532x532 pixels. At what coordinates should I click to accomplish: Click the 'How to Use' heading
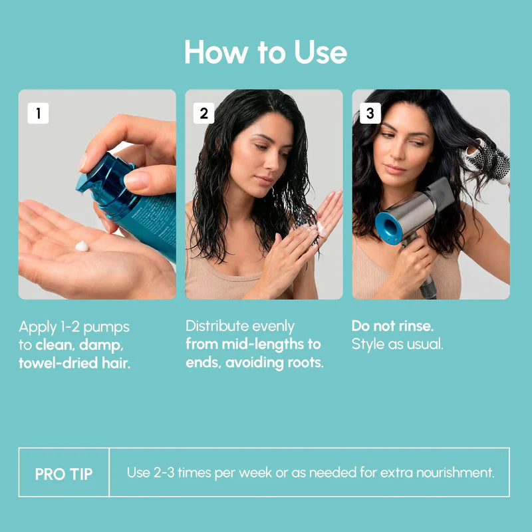point(265,52)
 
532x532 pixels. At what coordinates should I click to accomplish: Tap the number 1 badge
point(38,114)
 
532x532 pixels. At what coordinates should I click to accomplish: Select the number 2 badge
point(204,114)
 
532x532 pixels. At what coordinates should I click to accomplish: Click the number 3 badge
point(370,114)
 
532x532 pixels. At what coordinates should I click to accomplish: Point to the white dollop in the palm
point(82,246)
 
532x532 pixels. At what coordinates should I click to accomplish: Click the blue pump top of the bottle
point(100,176)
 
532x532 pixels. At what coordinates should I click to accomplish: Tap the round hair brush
point(489,163)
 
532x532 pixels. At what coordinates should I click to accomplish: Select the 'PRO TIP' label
point(64,473)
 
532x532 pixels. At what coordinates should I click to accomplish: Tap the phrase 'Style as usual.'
point(397,344)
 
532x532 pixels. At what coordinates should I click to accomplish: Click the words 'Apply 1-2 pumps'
point(74,327)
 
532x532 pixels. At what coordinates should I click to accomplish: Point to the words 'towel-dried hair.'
point(74,364)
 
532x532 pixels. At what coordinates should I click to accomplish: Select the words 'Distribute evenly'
point(240,327)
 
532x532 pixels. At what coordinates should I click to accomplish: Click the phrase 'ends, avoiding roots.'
point(254,364)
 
